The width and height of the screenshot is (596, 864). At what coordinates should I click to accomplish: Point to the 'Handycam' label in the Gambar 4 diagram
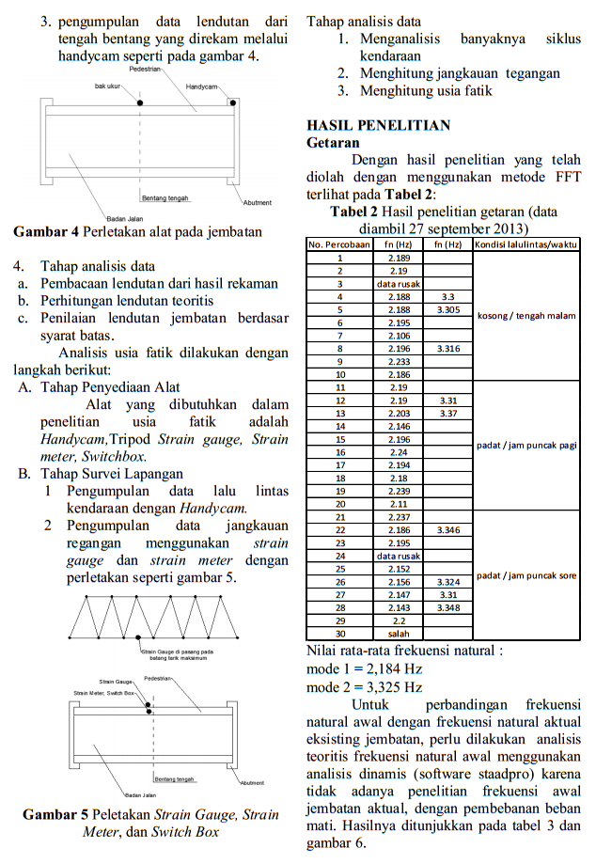(x=201, y=86)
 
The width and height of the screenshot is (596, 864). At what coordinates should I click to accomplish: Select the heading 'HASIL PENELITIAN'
(x=379, y=125)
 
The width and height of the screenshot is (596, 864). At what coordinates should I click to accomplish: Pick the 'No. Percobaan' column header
(x=338, y=244)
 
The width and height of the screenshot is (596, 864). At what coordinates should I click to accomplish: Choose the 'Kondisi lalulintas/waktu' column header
(x=525, y=244)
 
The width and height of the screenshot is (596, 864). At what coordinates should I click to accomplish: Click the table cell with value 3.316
(x=448, y=348)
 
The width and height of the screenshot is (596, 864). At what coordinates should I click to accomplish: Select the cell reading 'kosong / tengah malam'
(x=526, y=315)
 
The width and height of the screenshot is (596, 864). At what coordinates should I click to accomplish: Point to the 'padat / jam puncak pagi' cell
(x=526, y=445)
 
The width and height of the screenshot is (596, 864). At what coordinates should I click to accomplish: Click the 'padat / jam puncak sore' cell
(x=526, y=574)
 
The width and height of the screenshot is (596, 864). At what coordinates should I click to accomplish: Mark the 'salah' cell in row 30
(x=398, y=634)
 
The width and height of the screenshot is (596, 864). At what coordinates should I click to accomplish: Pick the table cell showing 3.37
(x=448, y=413)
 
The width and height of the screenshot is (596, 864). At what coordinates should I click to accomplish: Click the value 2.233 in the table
(x=398, y=361)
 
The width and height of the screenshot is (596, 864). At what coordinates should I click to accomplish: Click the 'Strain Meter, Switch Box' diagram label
(x=104, y=693)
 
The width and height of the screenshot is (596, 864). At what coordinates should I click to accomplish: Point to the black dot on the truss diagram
(x=139, y=638)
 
